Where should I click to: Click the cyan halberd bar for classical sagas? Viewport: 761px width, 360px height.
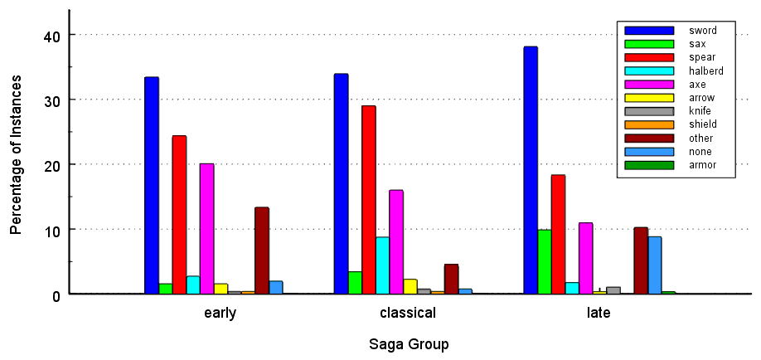click(382, 265)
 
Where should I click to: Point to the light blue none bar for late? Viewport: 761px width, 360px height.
click(654, 265)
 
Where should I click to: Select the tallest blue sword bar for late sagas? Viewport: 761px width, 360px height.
click(531, 170)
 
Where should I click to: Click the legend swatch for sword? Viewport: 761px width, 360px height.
click(648, 31)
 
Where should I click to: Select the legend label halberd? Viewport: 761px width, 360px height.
click(705, 71)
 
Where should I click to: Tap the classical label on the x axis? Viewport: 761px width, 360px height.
click(407, 314)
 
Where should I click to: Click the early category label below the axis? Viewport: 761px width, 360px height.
click(220, 314)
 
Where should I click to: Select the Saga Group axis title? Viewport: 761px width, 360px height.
click(409, 343)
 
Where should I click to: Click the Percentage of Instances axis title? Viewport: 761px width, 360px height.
click(16, 165)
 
